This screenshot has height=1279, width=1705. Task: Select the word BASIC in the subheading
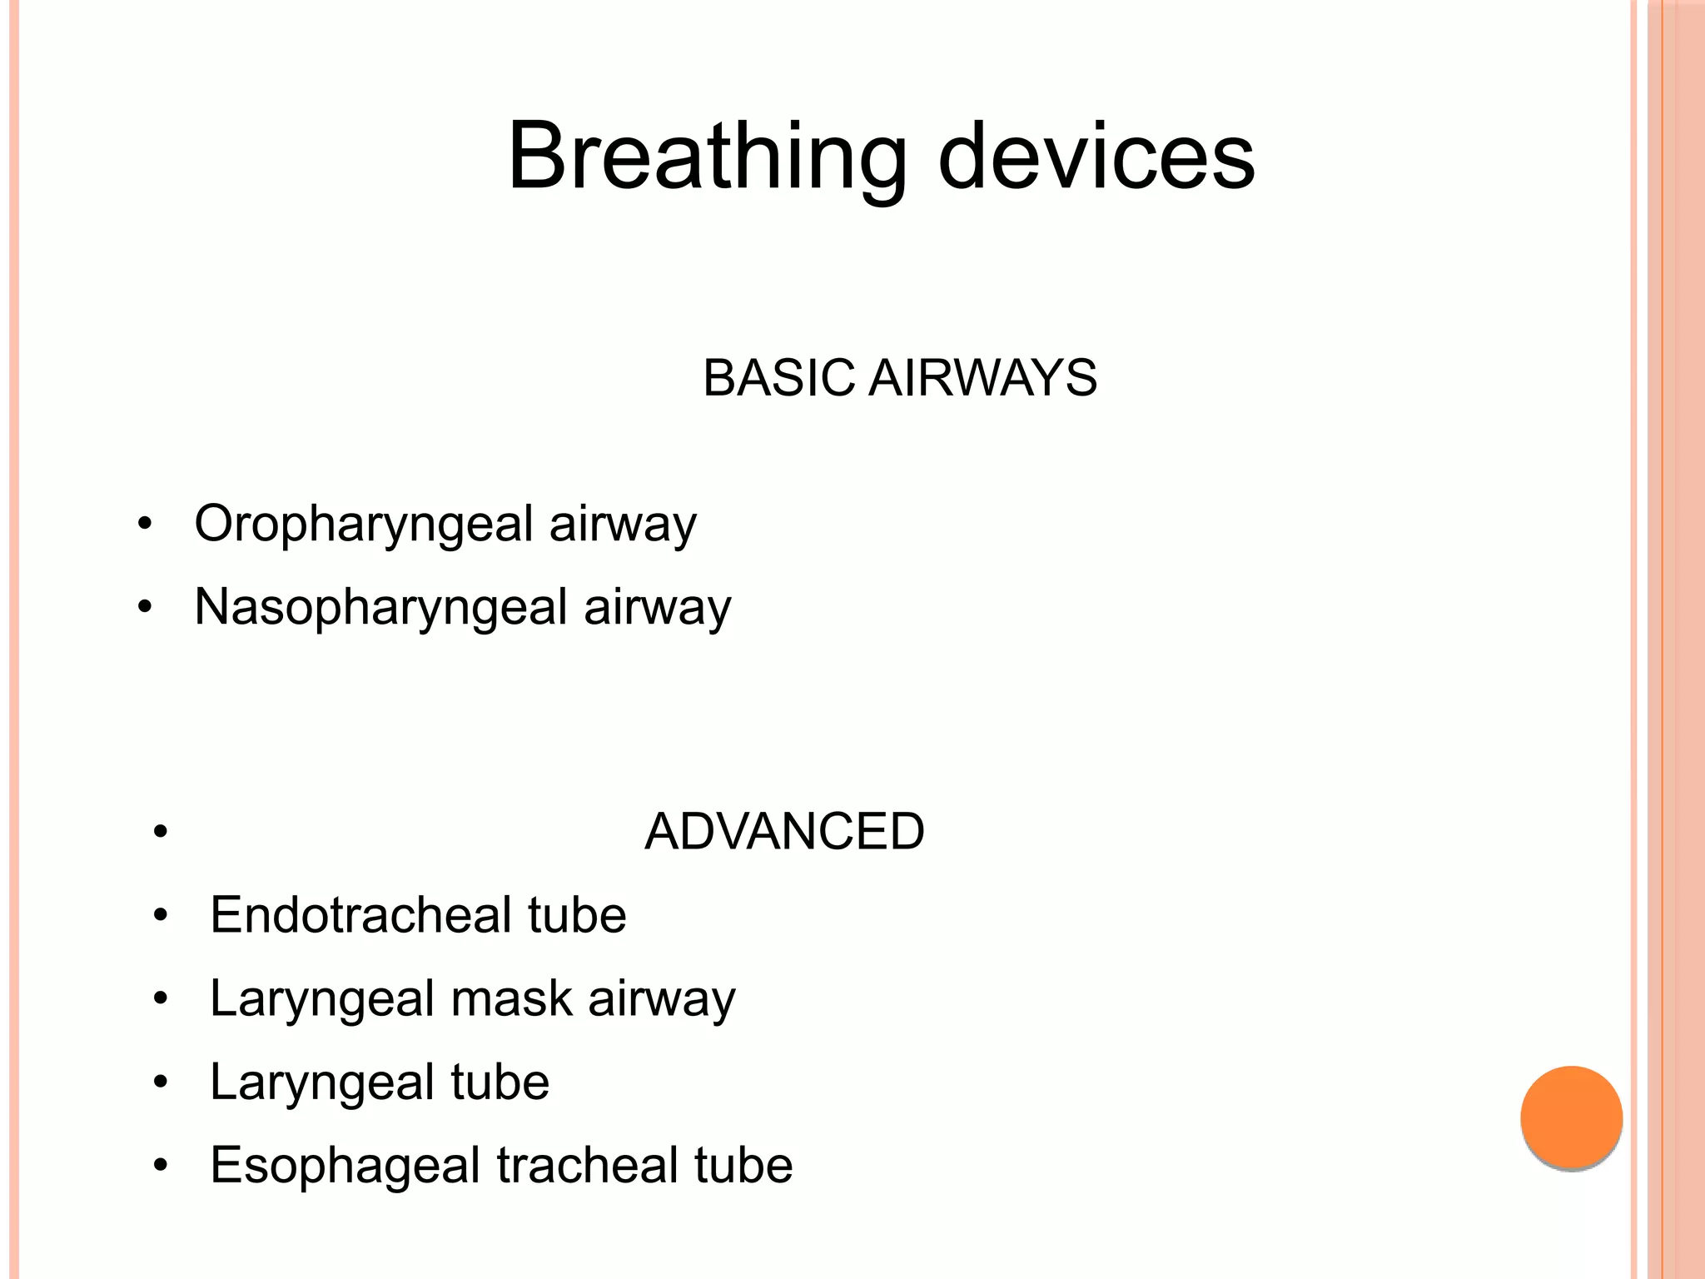tap(778, 378)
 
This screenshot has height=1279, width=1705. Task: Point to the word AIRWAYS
tap(982, 378)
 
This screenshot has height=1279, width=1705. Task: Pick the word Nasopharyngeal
tap(380, 607)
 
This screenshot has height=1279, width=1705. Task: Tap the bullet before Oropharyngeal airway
tap(145, 525)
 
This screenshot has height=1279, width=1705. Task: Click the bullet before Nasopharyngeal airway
tap(145, 608)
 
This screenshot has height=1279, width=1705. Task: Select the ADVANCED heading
tap(784, 831)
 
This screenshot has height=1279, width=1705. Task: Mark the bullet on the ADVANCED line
tap(161, 832)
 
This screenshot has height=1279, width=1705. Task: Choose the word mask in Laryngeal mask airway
tap(511, 998)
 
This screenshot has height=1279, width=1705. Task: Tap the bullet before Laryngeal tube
tap(161, 1082)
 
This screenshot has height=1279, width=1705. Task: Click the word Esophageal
tap(345, 1165)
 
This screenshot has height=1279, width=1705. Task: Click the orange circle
tap(1571, 1117)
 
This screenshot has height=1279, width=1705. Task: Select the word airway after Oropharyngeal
tap(623, 525)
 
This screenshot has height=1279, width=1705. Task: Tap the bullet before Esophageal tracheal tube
tap(161, 1165)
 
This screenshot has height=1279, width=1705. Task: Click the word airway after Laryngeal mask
tap(662, 998)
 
